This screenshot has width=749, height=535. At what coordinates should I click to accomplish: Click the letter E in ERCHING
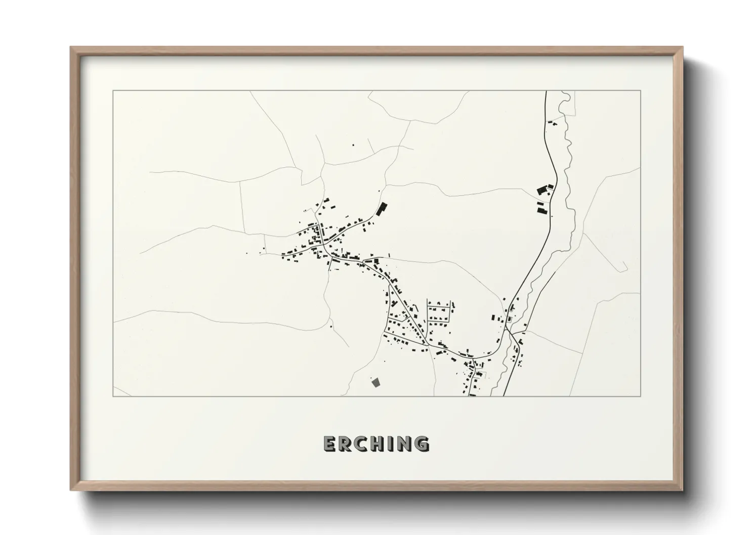coord(330,443)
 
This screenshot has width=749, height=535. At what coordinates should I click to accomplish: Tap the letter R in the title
coord(345,443)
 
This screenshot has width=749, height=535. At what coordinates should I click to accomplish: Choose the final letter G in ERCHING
coord(421,443)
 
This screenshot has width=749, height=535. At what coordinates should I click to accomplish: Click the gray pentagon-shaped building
coord(376,383)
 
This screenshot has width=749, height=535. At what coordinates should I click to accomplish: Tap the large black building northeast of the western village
coord(381,208)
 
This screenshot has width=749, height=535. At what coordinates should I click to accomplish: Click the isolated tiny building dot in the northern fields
coord(353,146)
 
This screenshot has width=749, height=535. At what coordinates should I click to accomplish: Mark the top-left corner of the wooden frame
coord(71,48)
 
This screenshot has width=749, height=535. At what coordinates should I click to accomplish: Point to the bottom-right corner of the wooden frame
coord(682,490)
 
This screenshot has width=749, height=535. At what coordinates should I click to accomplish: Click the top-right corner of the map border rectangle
coord(641,91)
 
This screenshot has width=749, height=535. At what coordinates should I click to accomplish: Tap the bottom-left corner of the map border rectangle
coord(113,396)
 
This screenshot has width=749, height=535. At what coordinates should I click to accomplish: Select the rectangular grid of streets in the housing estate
coord(439,314)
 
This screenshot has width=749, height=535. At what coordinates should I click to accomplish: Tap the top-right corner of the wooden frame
coord(682,48)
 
